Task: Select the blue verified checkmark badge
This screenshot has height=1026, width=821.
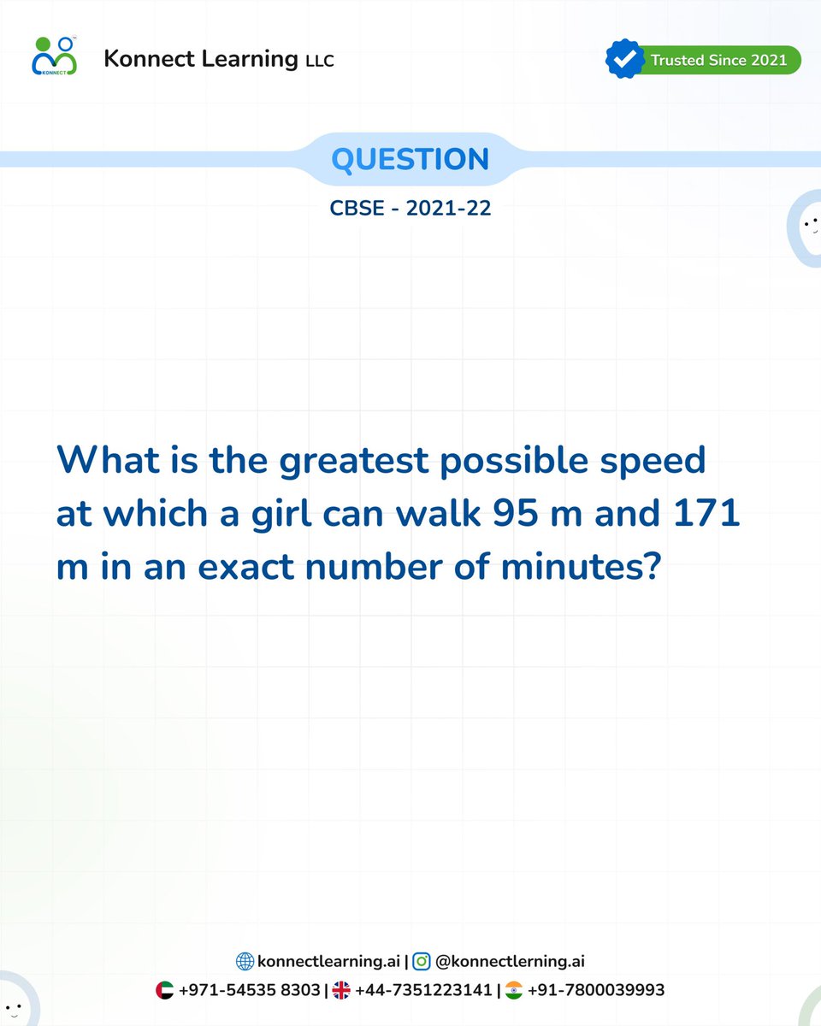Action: pos(624,59)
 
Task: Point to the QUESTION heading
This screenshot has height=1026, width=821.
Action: pos(410,159)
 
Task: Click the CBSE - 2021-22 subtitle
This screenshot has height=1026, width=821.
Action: pos(410,208)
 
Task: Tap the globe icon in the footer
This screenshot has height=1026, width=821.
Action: pos(245,962)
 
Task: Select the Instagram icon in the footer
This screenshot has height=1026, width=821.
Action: pos(422,962)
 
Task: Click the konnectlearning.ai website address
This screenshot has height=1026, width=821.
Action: pos(328,962)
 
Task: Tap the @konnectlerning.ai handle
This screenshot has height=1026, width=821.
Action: pos(510,962)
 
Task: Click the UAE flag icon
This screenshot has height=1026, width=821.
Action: pos(165,991)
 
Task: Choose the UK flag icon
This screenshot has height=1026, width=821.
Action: pos(341,991)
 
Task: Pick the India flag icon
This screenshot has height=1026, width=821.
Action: pos(514,991)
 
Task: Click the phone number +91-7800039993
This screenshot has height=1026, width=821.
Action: pos(596,991)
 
